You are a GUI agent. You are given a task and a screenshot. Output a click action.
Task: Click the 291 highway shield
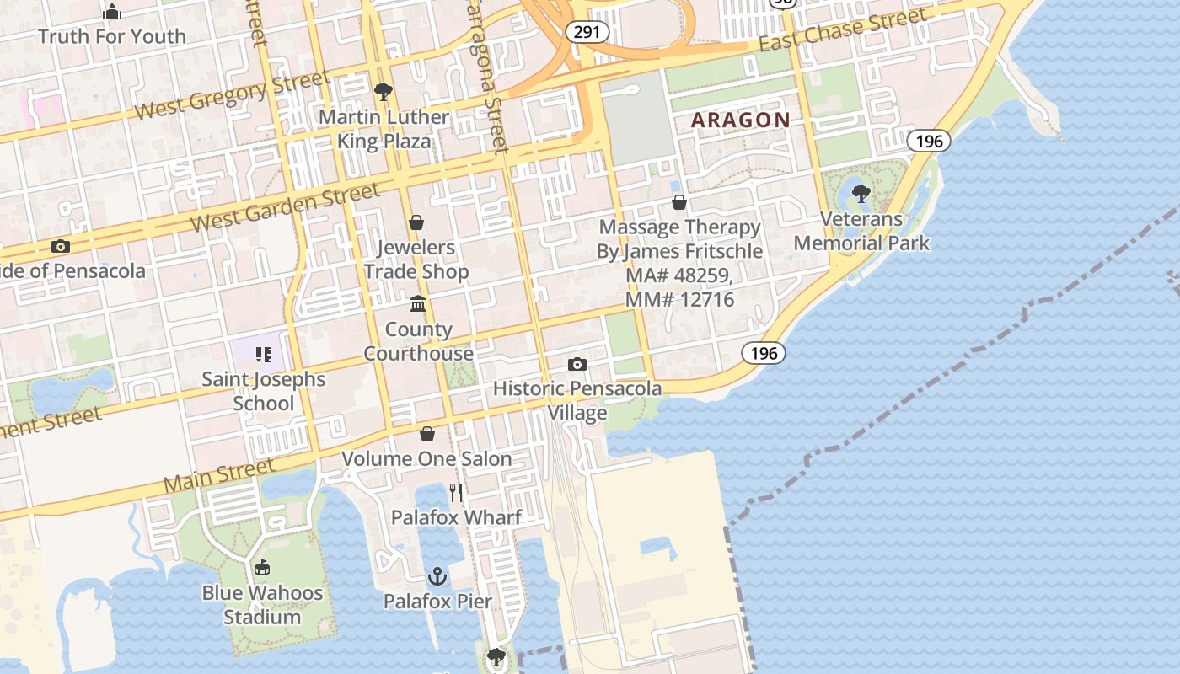(x=582, y=32)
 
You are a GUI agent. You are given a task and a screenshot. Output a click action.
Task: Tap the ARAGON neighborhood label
(x=741, y=120)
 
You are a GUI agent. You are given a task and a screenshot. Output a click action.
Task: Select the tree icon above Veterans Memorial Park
(x=861, y=194)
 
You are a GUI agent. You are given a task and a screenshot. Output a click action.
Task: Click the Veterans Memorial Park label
(x=861, y=232)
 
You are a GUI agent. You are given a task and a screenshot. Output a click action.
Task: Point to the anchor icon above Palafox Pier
(x=437, y=577)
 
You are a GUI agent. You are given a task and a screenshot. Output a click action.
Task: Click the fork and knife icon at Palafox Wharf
(x=456, y=492)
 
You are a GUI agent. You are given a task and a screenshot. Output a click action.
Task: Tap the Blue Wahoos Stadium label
(x=262, y=605)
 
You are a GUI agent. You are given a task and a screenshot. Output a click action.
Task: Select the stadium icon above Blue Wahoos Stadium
(x=262, y=568)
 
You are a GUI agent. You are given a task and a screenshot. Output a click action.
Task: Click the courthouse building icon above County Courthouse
(x=418, y=303)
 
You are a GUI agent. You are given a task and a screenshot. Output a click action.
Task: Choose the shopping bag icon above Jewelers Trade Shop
(x=416, y=222)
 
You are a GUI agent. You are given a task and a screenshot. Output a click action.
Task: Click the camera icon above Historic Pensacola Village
(x=577, y=364)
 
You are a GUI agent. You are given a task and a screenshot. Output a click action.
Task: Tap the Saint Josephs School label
(x=263, y=391)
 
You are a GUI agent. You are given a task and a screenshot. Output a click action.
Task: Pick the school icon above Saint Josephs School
(x=263, y=355)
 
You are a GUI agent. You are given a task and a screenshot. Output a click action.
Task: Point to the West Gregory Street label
(x=232, y=96)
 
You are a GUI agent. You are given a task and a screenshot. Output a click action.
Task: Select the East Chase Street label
(x=843, y=30)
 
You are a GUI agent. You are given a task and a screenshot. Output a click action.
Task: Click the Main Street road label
(x=219, y=476)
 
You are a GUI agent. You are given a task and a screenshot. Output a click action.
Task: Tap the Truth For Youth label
(x=112, y=36)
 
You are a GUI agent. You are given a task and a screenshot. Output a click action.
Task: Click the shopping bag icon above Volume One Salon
(x=427, y=434)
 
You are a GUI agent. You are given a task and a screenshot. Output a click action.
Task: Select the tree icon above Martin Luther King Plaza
(x=383, y=91)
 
